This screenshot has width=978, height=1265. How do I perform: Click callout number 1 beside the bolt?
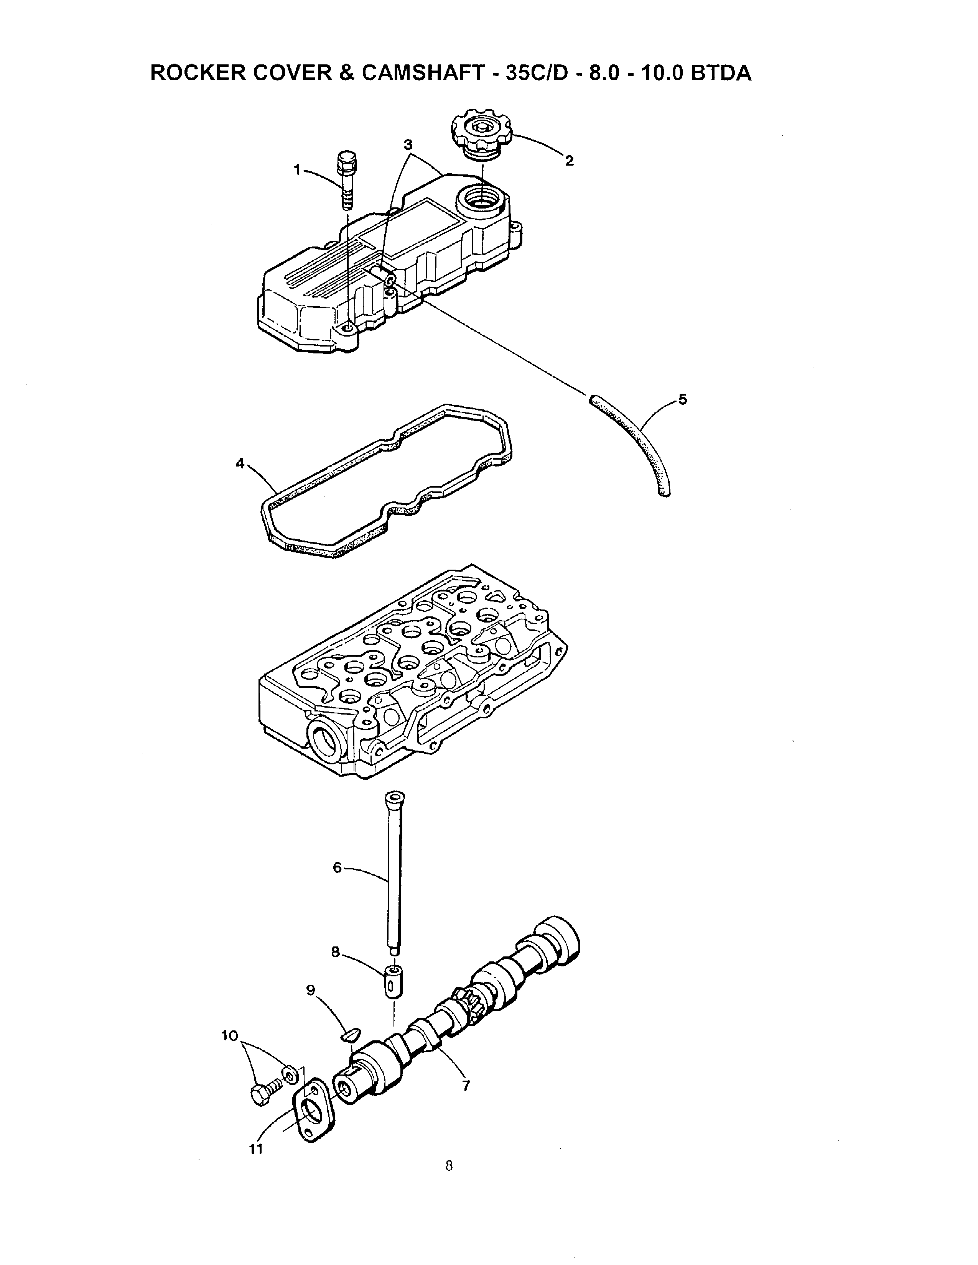(x=297, y=170)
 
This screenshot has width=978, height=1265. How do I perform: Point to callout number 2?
(x=570, y=161)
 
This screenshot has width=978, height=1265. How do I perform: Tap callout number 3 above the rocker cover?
(x=408, y=144)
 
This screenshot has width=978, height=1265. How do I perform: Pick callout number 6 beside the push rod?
(x=337, y=867)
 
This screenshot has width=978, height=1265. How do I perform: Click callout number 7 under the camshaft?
(x=466, y=1086)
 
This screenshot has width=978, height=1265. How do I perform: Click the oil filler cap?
(x=481, y=133)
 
